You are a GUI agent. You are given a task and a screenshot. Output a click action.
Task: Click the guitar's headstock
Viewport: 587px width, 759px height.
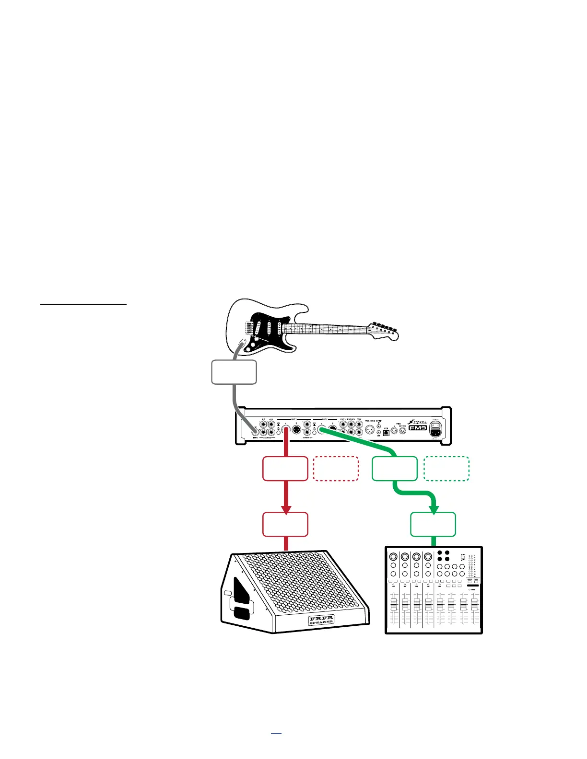point(384,330)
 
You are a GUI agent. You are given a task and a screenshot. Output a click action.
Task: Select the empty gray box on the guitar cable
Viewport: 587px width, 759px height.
point(234,372)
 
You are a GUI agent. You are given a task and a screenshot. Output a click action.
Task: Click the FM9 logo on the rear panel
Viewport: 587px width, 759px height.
point(417,428)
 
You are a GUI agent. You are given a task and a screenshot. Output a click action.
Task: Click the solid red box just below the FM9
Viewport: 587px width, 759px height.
point(285,469)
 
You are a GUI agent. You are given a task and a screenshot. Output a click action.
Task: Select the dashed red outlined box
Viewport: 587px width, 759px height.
point(336,469)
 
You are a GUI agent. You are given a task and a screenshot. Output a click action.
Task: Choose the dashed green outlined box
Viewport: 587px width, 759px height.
point(446,469)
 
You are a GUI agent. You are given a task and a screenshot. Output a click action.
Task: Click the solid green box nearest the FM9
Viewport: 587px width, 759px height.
point(395,469)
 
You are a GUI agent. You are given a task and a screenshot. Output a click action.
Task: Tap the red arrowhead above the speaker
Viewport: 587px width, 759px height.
point(286,509)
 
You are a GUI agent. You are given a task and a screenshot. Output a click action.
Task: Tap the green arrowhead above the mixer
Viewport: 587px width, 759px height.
point(434,509)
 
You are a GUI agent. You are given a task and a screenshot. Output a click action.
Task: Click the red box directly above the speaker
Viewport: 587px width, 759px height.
point(285,524)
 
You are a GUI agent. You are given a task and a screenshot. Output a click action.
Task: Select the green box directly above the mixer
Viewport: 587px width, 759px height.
point(434,524)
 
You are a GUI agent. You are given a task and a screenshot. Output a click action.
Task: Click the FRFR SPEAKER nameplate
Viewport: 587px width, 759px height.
point(321,620)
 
